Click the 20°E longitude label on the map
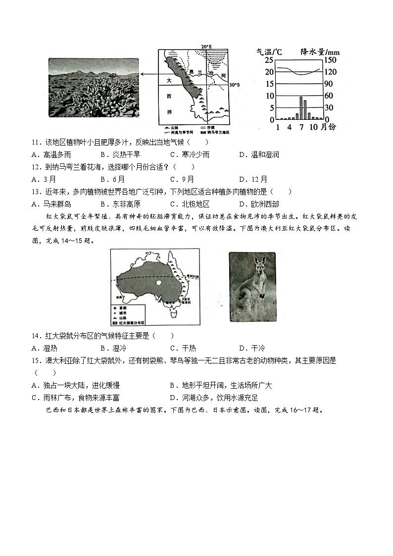[206, 47]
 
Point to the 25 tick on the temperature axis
[269, 60]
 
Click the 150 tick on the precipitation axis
[331, 60]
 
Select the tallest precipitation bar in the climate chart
[300, 108]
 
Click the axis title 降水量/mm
[319, 51]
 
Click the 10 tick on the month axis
[314, 127]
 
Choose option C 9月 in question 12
[182, 179]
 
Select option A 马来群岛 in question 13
[51, 204]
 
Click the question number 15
[35, 361]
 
